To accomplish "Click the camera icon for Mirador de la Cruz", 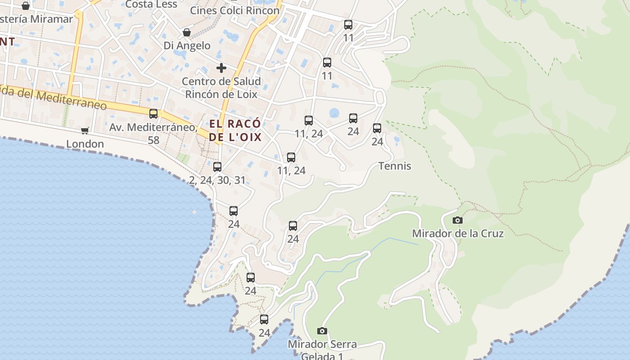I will point(458,220).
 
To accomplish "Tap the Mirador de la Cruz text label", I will point(458,234).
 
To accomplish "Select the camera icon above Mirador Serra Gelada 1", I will point(322,331).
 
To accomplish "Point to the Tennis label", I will point(395,166).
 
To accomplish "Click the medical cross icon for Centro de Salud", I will point(221,68).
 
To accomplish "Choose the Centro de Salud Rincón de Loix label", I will point(221,88).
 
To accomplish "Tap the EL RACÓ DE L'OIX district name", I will point(235,130).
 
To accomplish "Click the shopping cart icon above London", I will point(85,130).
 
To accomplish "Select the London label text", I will point(85,144).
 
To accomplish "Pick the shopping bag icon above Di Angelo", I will point(187,32).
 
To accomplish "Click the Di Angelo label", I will point(187,45).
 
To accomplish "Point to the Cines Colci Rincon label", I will point(234,10).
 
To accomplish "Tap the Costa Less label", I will point(148,4).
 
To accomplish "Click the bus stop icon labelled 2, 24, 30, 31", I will point(217,167).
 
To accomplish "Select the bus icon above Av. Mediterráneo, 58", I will point(153,113).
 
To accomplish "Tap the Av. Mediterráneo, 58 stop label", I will point(153,133).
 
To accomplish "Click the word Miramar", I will point(52,19).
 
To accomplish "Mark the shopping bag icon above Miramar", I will point(26,6).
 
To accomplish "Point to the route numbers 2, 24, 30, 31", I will point(217,180).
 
